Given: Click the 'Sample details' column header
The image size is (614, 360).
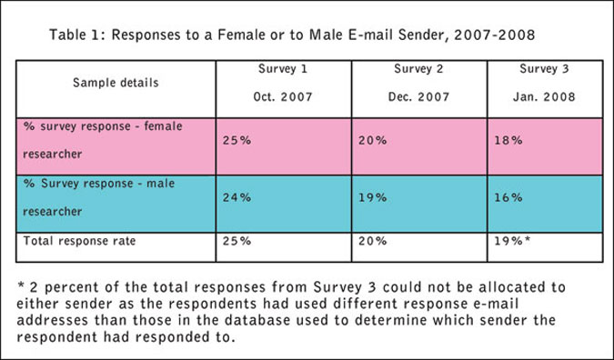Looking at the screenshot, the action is [116, 83].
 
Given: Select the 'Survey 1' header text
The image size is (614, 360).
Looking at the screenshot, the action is [283, 69].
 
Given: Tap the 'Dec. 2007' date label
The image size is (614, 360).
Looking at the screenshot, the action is [418, 96].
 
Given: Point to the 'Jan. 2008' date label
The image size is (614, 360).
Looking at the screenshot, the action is [544, 96].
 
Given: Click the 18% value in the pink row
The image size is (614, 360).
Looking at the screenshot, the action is [508, 140].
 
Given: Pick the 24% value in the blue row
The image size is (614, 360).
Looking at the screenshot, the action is [237, 197].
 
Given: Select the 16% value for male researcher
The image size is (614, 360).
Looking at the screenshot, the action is [508, 197].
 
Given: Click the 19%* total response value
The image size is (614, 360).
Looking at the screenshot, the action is [512, 241].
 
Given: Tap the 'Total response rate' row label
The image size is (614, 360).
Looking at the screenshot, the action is [79, 241].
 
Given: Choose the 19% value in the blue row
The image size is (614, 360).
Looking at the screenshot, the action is [372, 197].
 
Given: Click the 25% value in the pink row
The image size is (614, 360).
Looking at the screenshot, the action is [237, 140].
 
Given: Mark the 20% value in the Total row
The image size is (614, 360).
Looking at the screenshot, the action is [372, 241].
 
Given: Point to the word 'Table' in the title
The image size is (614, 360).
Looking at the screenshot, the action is [67, 35].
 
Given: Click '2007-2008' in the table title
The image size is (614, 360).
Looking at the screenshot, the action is [495, 35].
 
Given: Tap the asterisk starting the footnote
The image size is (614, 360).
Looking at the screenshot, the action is [21, 285].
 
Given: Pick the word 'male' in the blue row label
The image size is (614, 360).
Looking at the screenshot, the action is [160, 184].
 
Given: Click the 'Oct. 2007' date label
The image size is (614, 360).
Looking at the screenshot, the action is [283, 96].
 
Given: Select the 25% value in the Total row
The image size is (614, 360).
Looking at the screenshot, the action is [237, 241].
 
